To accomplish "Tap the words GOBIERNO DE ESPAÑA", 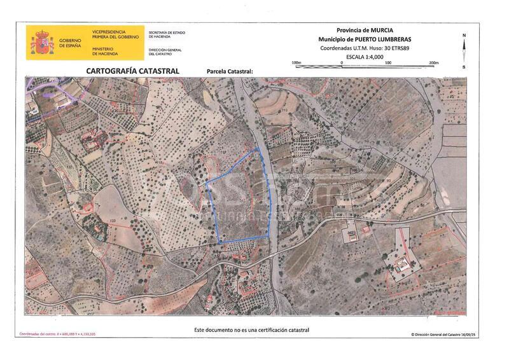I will (70, 43).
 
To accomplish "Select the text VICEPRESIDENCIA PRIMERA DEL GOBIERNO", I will (109, 34).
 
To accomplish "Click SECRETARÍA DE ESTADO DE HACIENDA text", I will (166, 34).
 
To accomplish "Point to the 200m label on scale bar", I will (435, 62).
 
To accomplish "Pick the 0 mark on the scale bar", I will (342, 62).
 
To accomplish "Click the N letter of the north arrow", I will (464, 35).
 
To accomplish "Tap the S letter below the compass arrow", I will (464, 67).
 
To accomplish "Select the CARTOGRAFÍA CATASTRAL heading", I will (128, 71).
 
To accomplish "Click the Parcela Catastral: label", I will (230, 71).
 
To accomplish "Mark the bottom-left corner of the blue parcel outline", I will (220, 242).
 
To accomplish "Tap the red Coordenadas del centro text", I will (57, 334).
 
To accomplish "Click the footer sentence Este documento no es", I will (251, 330).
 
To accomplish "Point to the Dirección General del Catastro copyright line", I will (443, 334).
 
